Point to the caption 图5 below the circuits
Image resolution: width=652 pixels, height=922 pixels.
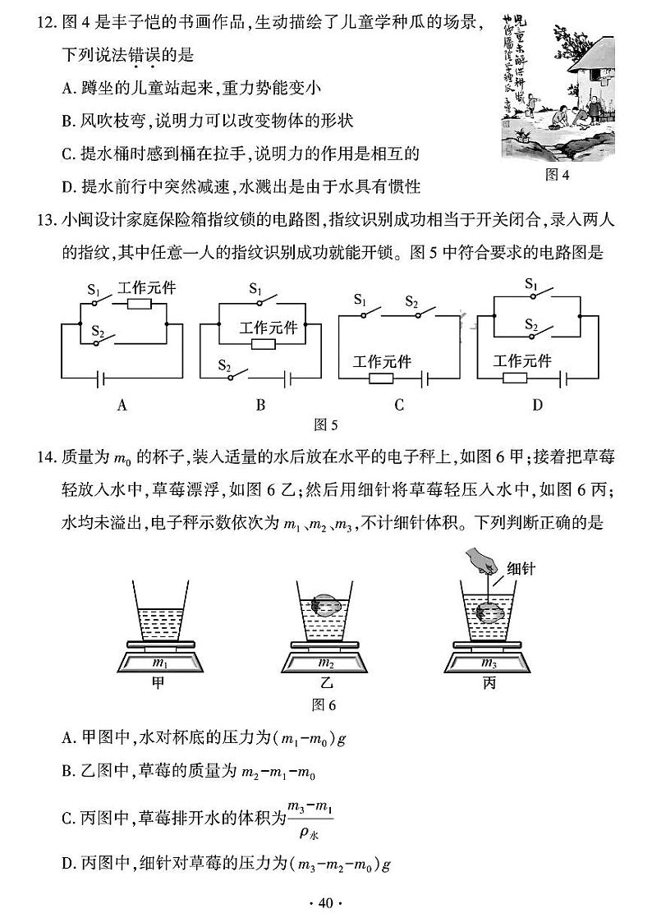pos(327,424)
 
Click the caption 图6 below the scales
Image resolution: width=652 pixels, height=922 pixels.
pos(325,704)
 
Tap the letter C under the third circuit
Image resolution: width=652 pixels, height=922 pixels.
pos(399,404)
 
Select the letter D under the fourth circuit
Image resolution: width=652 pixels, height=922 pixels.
pos(538,404)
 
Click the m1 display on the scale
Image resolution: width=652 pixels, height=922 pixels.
pos(160,663)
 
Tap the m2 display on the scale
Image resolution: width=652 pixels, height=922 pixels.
pos(325,663)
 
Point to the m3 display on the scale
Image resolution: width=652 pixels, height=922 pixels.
pos(489,663)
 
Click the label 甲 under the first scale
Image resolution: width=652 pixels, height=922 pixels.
pos(159,683)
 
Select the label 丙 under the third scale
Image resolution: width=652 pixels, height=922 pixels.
pos(489,683)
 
